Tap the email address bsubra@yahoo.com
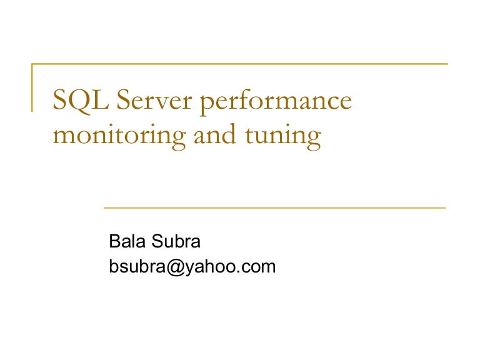click(x=192, y=267)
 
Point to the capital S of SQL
click(x=61, y=100)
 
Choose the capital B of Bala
click(x=114, y=242)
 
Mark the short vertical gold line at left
click(x=32, y=87)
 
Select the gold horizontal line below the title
click(x=274, y=207)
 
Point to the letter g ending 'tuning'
click(x=312, y=139)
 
